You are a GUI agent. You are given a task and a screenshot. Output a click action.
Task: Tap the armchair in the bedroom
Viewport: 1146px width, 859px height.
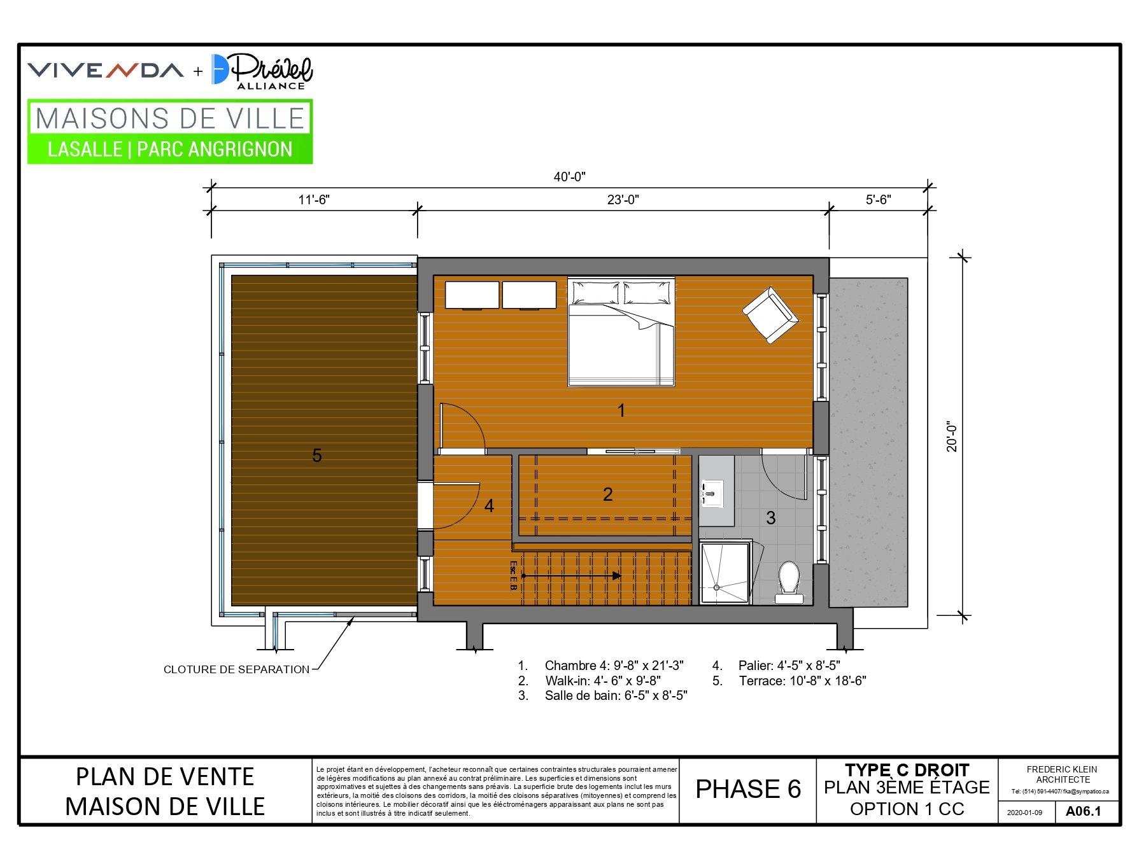tap(770, 315)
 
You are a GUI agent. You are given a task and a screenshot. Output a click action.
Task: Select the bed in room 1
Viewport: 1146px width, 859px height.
tap(621, 332)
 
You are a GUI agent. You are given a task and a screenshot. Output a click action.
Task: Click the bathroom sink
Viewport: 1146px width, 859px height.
tap(712, 493)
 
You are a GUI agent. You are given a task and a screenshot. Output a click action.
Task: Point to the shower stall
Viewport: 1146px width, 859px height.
tap(725, 572)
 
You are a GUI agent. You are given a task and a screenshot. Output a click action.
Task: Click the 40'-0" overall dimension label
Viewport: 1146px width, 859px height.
tap(569, 177)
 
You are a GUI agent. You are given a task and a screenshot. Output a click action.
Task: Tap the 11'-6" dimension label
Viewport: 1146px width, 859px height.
tap(314, 200)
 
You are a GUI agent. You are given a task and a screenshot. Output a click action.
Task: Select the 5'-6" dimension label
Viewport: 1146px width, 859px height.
tap(878, 200)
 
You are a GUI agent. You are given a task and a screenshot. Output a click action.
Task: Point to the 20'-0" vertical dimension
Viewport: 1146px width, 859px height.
tap(952, 436)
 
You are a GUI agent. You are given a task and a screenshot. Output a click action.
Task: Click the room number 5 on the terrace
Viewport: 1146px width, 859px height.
tap(317, 456)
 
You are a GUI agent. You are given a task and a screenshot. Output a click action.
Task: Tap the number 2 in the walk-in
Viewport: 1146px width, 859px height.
tap(608, 494)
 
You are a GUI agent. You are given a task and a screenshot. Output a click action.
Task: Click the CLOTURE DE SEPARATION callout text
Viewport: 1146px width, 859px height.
tap(236, 669)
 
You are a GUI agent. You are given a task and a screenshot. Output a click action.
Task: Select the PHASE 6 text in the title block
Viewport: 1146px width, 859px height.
tap(748, 789)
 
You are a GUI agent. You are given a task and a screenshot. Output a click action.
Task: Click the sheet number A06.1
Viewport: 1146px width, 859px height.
tap(1083, 811)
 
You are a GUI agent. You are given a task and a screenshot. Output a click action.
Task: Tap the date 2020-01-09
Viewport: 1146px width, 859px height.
tap(1024, 813)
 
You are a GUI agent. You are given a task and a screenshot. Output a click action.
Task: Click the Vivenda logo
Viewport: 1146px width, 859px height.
tap(106, 70)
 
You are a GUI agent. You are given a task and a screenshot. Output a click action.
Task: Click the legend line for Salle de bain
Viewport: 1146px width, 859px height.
tap(602, 695)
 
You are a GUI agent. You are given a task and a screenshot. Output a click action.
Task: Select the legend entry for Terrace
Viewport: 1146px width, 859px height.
tap(789, 681)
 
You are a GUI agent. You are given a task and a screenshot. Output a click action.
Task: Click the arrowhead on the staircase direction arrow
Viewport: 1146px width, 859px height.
tap(617, 576)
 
